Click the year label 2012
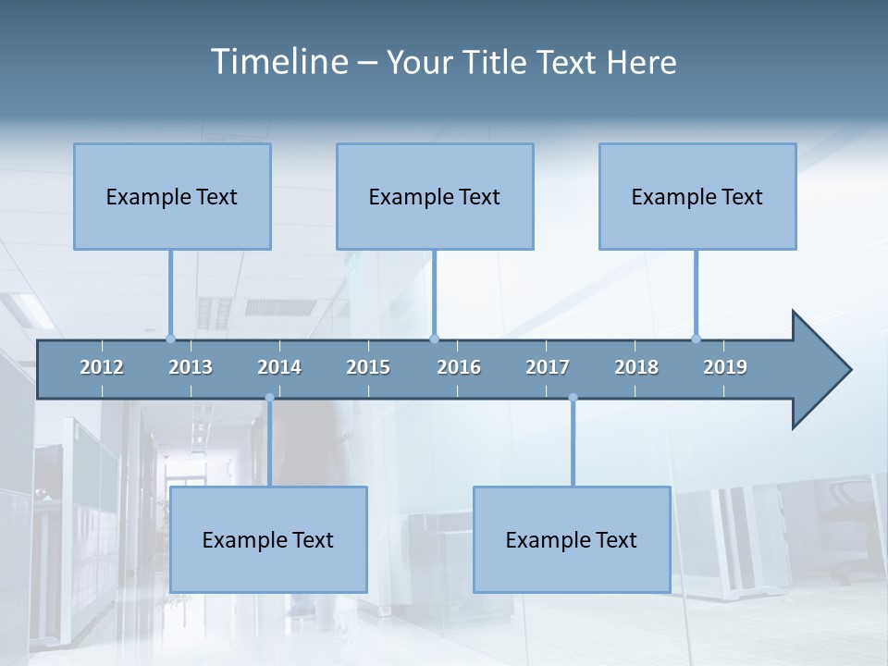(102, 367)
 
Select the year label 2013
(191, 367)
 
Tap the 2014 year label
(279, 367)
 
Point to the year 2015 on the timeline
(368, 367)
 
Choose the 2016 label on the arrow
(459, 367)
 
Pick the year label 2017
(548, 367)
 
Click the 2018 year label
(636, 367)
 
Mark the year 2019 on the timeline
(725, 367)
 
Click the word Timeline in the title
(277, 62)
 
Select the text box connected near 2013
(172, 196)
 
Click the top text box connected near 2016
(435, 196)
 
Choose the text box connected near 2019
(697, 196)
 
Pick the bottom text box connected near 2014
(268, 539)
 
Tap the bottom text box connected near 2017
(572, 539)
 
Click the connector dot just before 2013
(170, 339)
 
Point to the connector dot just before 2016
(434, 339)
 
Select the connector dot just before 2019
(696, 339)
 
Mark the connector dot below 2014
(269, 398)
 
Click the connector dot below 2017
(573, 398)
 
